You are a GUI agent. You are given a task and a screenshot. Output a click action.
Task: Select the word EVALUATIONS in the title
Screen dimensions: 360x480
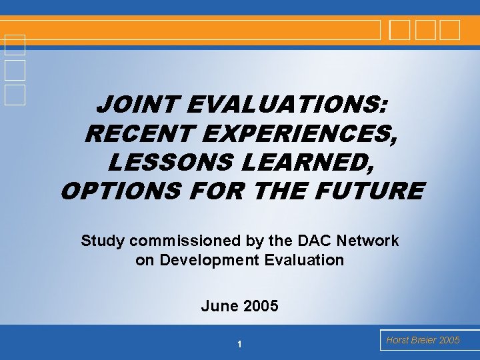point(287,105)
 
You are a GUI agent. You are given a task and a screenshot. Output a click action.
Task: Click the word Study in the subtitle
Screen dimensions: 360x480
point(102,241)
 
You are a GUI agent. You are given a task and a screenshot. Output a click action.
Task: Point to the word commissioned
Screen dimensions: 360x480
point(185,241)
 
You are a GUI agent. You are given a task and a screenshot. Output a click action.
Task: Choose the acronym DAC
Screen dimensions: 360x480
point(313,241)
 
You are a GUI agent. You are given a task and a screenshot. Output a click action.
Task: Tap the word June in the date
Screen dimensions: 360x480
point(217,306)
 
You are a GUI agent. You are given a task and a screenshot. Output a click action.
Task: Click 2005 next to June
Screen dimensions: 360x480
point(261,306)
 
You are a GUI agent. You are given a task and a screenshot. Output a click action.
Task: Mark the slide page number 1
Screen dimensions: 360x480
point(239,344)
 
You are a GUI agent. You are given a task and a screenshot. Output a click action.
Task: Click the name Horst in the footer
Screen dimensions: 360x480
point(397,340)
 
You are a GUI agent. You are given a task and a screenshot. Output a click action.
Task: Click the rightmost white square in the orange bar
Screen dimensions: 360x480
point(450,30)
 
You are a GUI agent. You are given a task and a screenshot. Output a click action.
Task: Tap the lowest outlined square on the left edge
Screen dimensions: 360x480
point(14,95)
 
